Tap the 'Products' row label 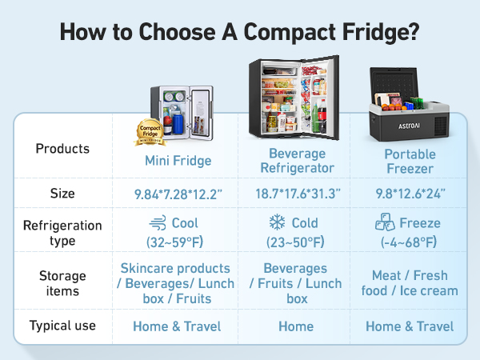point(63,150)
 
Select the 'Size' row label point(62,194)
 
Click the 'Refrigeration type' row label point(62,233)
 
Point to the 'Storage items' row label point(62,284)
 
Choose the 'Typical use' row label point(62,326)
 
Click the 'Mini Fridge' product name point(178,161)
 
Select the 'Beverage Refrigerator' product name point(298,161)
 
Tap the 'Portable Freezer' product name point(410,161)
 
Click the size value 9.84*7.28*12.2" point(178,194)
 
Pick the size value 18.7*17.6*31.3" point(298,194)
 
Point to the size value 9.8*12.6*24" point(410,194)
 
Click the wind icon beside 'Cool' point(158,223)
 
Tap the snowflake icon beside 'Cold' point(278,223)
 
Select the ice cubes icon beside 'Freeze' point(386,223)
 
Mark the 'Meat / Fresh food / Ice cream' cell point(410,284)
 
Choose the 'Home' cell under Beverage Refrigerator point(298,326)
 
